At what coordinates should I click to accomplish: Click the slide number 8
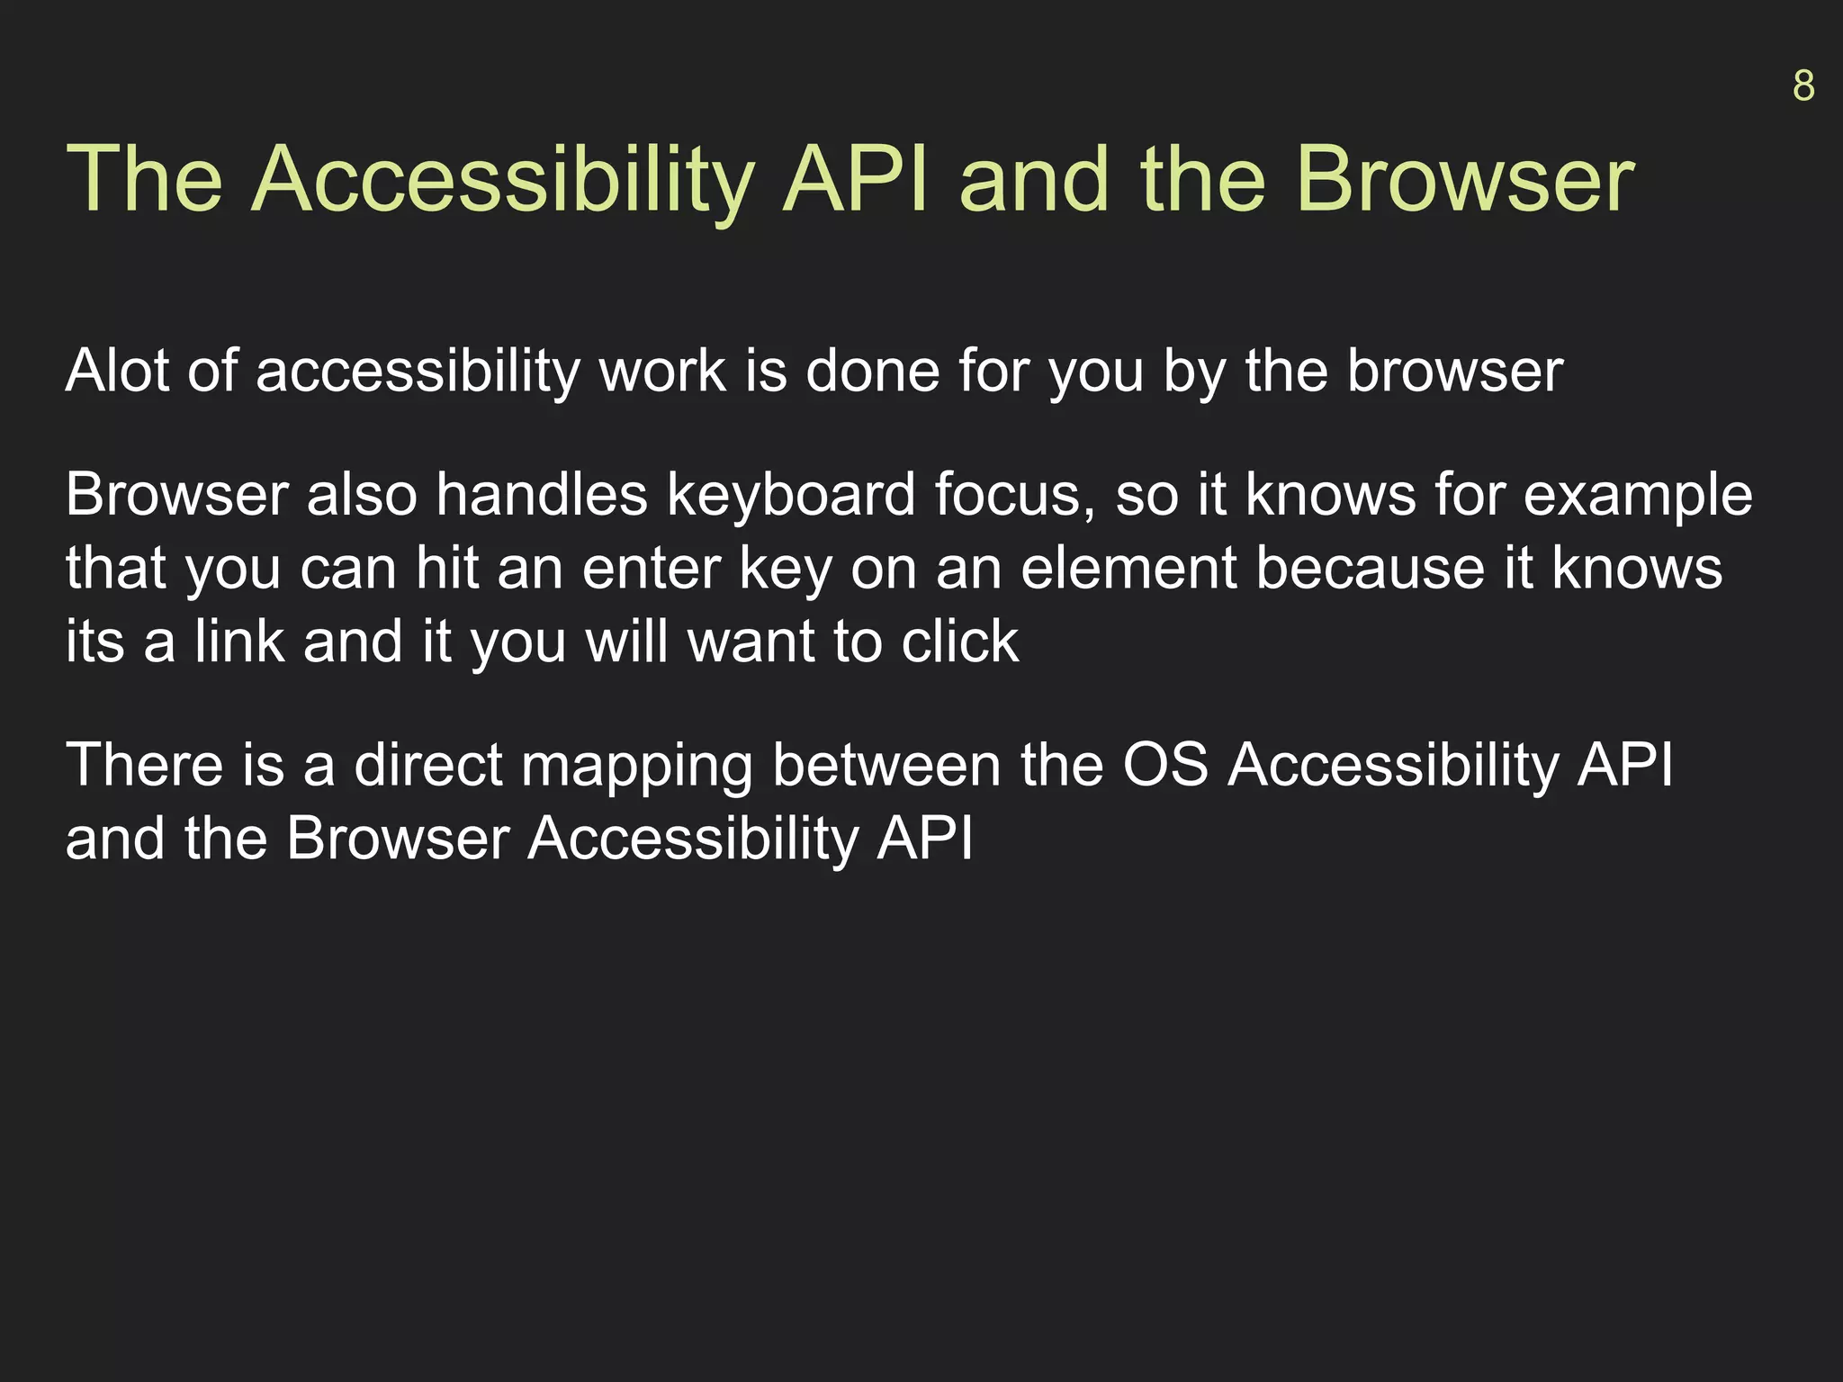pos(1803,86)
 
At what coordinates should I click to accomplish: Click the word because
pos(1370,569)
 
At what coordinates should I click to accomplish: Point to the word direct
pos(428,766)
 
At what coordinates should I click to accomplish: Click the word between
pos(886,766)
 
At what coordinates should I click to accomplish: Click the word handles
pos(542,495)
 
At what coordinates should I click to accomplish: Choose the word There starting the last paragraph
pos(144,766)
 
